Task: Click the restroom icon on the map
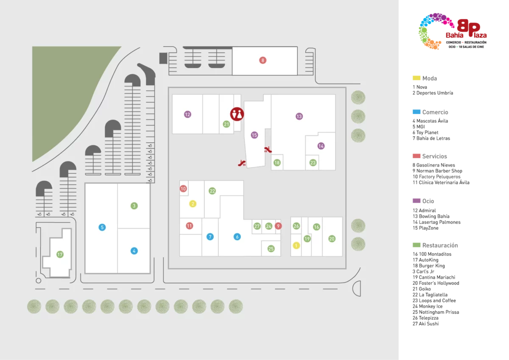coord(237,114)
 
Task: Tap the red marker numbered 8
coord(263,60)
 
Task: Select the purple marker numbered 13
coord(299,116)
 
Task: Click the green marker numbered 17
coord(60,254)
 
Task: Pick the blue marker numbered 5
coord(102,227)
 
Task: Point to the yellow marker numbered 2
coord(193,204)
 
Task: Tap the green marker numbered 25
coord(271,248)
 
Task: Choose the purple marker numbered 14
coord(321,146)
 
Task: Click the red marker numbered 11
coord(189,226)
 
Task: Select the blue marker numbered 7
coord(210,237)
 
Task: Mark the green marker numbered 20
coord(332,238)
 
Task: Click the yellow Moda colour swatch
coord(416,78)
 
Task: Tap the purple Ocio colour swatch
coord(416,201)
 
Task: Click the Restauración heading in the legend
coord(440,245)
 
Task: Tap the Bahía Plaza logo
coord(453,31)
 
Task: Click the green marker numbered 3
coord(134,206)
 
